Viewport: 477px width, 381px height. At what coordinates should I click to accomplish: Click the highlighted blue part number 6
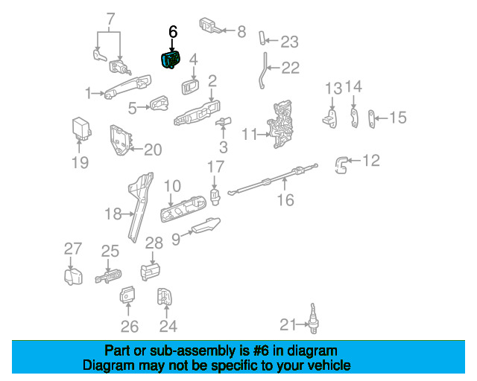pyautogui.click(x=170, y=60)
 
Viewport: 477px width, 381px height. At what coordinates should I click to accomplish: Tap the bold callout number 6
pyautogui.click(x=173, y=32)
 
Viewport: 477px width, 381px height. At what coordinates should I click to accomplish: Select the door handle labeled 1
pyautogui.click(x=127, y=86)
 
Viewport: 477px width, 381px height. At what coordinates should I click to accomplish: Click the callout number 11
pyautogui.click(x=250, y=134)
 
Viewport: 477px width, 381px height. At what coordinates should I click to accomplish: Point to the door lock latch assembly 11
pyautogui.click(x=280, y=124)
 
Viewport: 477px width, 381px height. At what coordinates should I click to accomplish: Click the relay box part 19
pyautogui.click(x=81, y=129)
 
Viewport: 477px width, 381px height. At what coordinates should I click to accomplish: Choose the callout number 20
pyautogui.click(x=153, y=150)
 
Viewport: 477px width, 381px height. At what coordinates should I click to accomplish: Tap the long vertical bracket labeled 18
pyautogui.click(x=140, y=207)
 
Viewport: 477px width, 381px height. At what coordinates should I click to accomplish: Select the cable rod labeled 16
pyautogui.click(x=273, y=179)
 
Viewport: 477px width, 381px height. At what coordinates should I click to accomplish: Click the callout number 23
pyautogui.click(x=289, y=42)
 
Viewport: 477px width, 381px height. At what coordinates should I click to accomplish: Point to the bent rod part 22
pyautogui.click(x=263, y=71)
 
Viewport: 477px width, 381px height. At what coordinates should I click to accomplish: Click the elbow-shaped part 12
pyautogui.click(x=341, y=165)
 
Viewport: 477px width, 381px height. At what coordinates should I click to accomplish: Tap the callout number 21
pyautogui.click(x=288, y=324)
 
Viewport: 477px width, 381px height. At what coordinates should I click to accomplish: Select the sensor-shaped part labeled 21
pyautogui.click(x=313, y=318)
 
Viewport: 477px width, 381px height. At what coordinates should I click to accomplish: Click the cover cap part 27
pyautogui.click(x=73, y=277)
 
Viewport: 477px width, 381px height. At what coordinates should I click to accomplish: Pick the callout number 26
pyautogui.click(x=130, y=327)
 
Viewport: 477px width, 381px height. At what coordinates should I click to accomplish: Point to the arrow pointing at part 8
pyautogui.click(x=229, y=31)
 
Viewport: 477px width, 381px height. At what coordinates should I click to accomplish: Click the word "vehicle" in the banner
pyautogui.click(x=328, y=365)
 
